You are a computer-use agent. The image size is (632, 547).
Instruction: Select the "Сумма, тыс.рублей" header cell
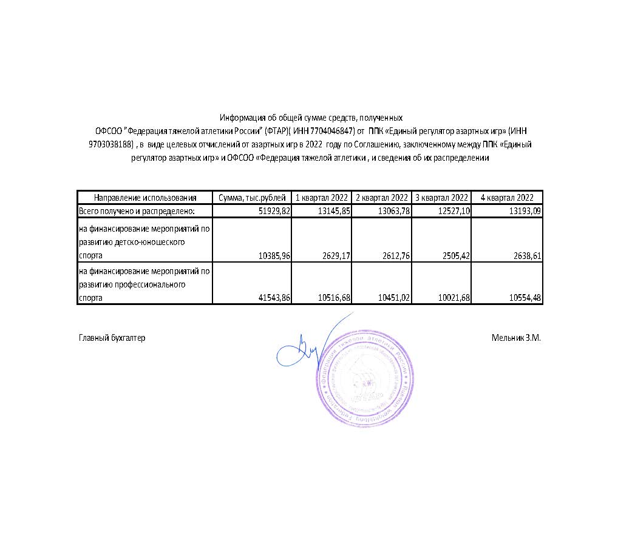coord(251,198)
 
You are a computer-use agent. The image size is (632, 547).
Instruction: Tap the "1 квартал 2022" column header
coord(321,198)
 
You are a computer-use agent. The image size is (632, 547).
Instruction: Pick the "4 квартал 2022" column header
coord(506,198)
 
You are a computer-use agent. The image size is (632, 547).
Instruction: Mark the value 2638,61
coord(526,257)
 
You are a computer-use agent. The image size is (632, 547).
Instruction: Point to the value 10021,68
coord(453,298)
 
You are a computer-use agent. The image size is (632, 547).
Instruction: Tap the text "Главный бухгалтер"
coord(112,338)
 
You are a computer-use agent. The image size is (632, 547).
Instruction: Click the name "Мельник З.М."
coord(516,338)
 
